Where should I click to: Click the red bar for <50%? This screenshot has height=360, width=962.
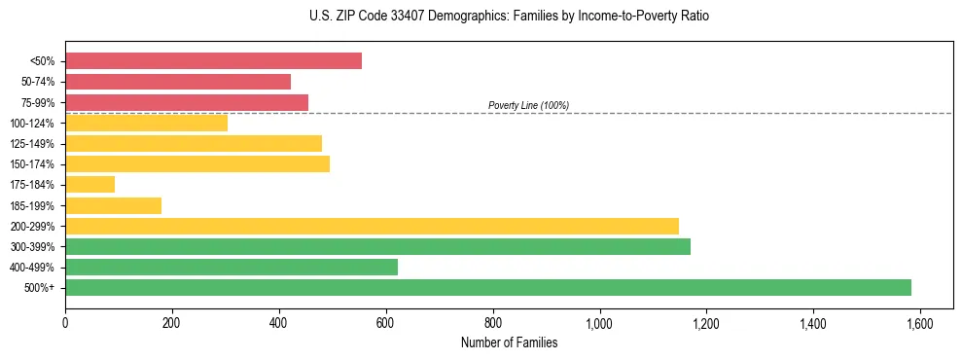pos(213,61)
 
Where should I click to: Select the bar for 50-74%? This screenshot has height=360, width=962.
pos(178,82)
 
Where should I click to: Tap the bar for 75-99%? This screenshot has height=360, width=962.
pos(187,102)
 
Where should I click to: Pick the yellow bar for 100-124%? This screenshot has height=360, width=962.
pos(146,123)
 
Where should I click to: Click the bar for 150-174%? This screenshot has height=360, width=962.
pos(197,163)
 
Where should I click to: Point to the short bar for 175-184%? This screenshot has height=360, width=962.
pos(89,184)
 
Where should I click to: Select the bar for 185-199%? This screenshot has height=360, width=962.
pos(113,205)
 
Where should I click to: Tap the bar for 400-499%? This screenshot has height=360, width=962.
pos(232,267)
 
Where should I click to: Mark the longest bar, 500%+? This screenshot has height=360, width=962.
pos(487,287)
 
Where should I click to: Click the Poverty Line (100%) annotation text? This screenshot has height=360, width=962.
pos(528,105)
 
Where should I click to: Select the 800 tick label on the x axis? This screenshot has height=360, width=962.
pos(492,323)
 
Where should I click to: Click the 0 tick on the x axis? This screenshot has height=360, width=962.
pos(65,323)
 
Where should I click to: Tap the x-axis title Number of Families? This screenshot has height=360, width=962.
pos(509,342)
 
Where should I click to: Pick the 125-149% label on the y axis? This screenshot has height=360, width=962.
pos(32,144)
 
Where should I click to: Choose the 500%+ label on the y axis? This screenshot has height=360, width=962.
pos(40,288)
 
